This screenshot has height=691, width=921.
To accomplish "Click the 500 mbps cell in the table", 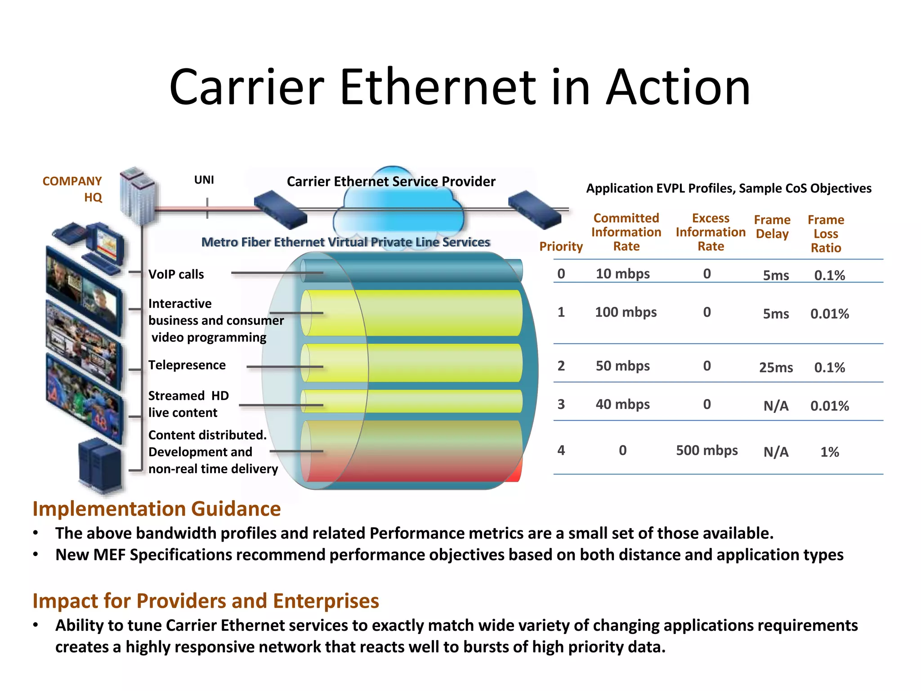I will [x=706, y=450].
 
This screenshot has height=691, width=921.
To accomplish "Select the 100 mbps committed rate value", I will [x=626, y=312].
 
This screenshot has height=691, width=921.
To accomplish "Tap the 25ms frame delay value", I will [x=776, y=368].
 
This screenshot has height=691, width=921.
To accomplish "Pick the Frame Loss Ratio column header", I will [x=826, y=233].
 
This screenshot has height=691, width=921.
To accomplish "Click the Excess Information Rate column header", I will [x=711, y=232].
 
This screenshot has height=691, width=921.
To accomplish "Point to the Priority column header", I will [x=561, y=246].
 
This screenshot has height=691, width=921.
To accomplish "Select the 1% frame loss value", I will [x=829, y=452].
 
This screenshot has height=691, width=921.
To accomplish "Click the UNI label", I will [x=204, y=180].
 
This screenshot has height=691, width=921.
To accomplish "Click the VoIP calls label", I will [x=176, y=274].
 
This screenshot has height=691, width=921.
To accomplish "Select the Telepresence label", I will [x=187, y=365].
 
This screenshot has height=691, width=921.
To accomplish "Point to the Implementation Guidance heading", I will [x=156, y=509].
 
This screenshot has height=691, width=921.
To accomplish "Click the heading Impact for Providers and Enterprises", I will [x=206, y=601].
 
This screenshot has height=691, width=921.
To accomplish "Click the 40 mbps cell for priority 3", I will [x=622, y=404].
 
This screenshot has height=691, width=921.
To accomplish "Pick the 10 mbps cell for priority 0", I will [x=622, y=274].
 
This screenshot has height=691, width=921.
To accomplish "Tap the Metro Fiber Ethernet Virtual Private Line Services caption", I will [x=345, y=242].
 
